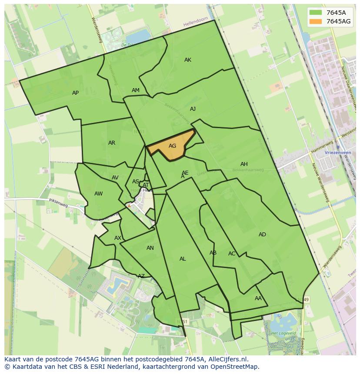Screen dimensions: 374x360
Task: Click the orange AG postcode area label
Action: pos(172,146)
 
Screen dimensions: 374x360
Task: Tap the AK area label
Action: pos(188,60)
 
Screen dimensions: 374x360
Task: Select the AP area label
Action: pos(76,93)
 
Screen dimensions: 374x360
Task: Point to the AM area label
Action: pos(136,90)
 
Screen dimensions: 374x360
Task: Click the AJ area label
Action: pos(193,109)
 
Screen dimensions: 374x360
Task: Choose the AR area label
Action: pos(112,143)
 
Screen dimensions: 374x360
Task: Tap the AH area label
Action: pos(244,164)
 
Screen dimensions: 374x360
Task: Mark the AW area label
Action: pos(99,194)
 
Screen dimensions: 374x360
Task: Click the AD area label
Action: pos(262,235)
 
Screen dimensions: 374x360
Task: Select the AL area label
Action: pos(183,259)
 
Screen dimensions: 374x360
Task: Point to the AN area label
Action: pos(150,248)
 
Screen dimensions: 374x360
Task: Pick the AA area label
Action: pos(258,298)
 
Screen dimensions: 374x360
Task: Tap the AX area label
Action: pos(118,238)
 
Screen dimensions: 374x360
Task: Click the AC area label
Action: pos(232,254)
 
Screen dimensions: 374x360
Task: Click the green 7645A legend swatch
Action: pos(316,12)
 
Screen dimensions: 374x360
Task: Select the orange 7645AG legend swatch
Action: pos(316,21)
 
